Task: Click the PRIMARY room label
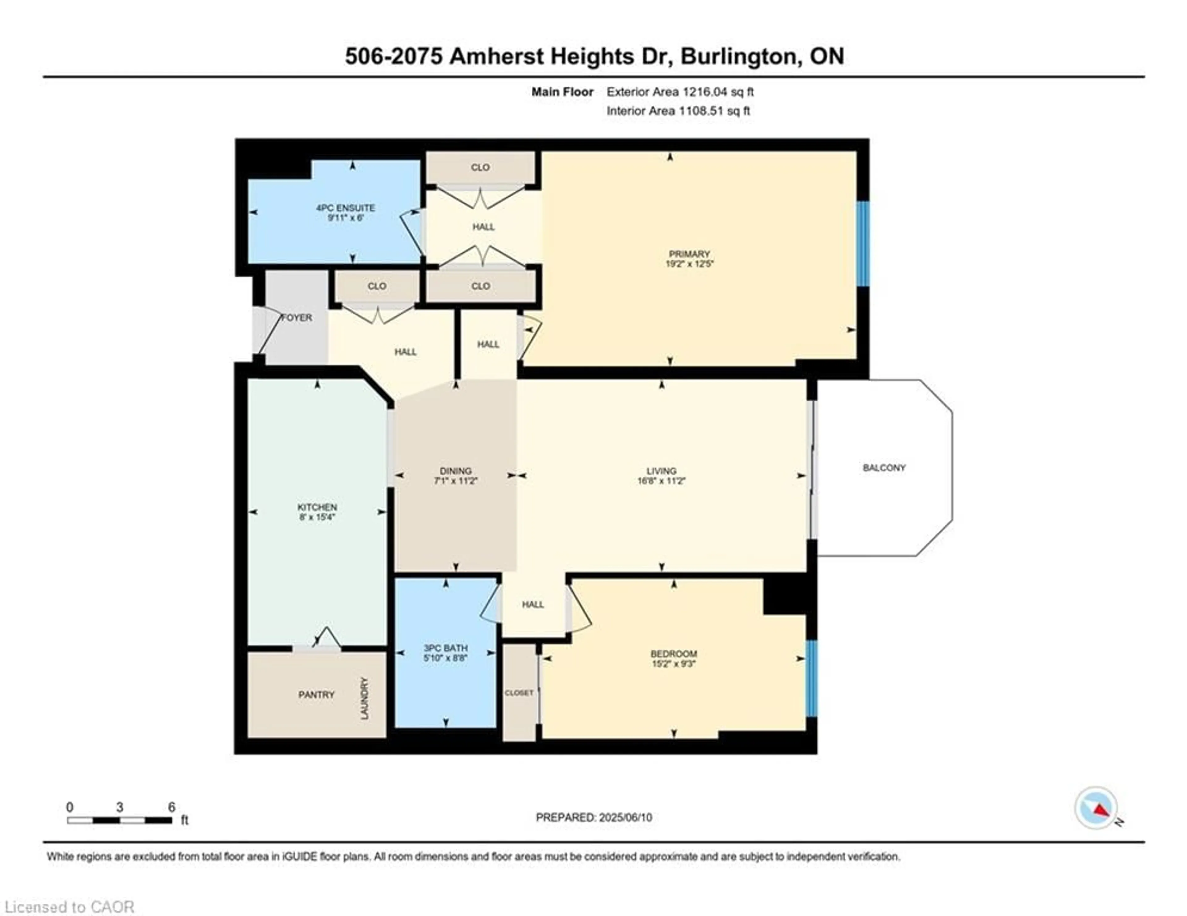click(x=689, y=254)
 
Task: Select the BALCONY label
click(x=884, y=467)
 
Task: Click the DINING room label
click(x=455, y=470)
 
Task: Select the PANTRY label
click(x=316, y=694)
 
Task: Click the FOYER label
click(x=297, y=317)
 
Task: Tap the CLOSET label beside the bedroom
click(x=519, y=693)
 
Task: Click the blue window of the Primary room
click(x=862, y=244)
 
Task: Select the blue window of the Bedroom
click(x=811, y=678)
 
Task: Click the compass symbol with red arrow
click(x=1096, y=808)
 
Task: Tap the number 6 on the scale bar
click(x=172, y=807)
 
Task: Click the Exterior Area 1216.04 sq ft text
click(x=680, y=92)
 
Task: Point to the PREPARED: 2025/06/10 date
click(x=593, y=817)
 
